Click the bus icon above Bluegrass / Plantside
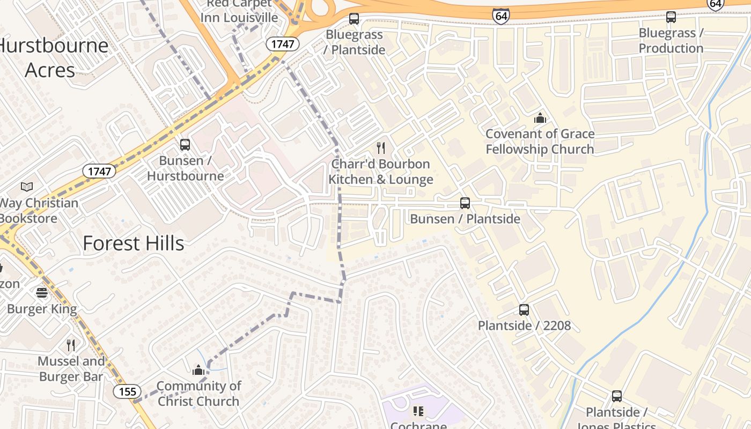coord(354,19)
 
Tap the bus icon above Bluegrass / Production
coord(671,17)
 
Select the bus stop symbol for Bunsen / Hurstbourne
coord(185,144)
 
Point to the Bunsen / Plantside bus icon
coord(465,203)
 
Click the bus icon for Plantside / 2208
coord(524,310)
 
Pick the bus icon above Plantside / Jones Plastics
coord(617,396)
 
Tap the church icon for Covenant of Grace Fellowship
coord(540,118)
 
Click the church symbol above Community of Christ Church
coord(198,370)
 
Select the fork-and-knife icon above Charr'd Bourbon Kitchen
coord(381,148)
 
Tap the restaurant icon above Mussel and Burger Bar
coord(71,345)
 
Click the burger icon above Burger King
coord(42,293)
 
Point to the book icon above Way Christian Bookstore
coord(27,187)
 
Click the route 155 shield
coord(127,391)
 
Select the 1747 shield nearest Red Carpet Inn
coord(283,44)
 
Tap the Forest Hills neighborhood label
coord(134,243)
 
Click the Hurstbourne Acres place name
coord(53,57)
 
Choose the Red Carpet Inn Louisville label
coord(239,11)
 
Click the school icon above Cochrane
coord(418,411)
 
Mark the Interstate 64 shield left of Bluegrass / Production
coord(500,16)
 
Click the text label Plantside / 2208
coord(524,326)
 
